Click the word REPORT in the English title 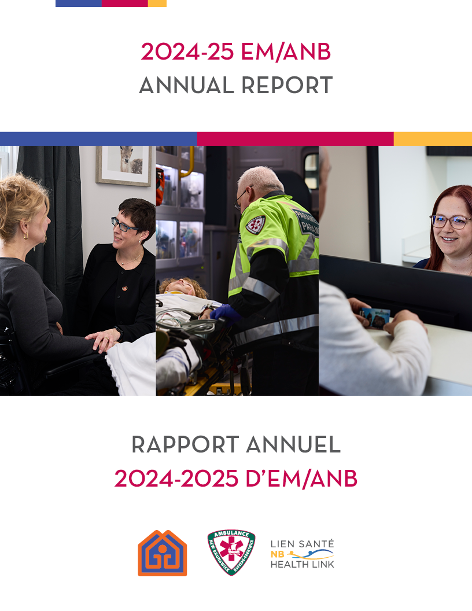point(287,86)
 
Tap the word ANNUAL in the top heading point(187,86)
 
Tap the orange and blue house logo point(162,554)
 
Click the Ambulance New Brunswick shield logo point(231,553)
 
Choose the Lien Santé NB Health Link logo point(303,554)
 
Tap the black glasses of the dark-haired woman point(124,225)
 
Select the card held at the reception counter point(375,318)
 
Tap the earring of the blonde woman point(25,237)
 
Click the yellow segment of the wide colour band point(433,139)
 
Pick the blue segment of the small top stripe point(78,3)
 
